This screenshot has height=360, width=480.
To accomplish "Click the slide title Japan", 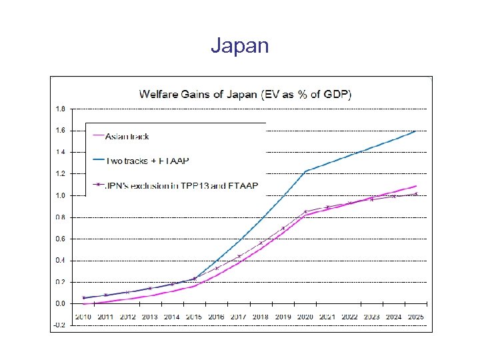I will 240,45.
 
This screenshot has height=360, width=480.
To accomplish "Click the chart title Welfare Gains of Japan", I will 245,93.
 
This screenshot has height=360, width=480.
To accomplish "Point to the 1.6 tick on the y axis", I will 60,131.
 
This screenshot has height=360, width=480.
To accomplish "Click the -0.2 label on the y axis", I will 59,325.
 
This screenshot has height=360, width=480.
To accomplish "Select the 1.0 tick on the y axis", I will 60,195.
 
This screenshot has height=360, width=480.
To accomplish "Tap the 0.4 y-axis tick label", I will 60,261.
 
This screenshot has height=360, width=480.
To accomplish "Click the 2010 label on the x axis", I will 83,317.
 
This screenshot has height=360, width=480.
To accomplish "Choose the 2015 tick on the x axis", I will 194,317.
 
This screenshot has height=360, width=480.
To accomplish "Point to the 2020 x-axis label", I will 305,317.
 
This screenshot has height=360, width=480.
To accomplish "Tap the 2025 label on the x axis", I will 416,317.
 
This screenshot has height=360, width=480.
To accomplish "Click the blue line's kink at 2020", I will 305,171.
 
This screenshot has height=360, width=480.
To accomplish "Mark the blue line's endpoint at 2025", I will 416,131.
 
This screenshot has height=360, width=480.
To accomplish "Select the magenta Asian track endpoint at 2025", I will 416,186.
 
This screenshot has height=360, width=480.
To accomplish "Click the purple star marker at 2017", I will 239,256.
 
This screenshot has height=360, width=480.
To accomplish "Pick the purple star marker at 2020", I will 305,212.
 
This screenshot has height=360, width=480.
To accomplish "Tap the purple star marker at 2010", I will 83,297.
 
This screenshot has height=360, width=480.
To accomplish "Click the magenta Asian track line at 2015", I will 194,286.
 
